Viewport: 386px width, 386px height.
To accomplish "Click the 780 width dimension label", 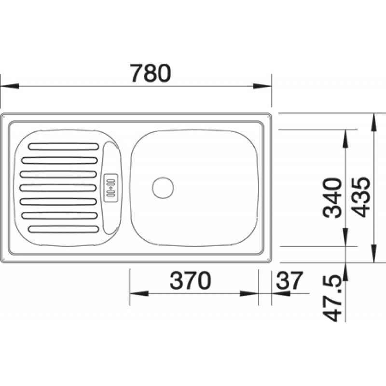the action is (151, 73).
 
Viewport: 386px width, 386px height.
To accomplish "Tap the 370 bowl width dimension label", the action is (190, 280).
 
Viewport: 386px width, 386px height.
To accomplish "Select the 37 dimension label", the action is (289, 280).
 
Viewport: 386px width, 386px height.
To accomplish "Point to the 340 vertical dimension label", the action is (332, 198).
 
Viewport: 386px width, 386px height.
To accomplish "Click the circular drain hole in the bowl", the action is (163, 188).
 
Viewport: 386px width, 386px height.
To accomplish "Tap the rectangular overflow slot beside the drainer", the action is (110, 188).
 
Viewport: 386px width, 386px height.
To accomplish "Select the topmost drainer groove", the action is (64, 147).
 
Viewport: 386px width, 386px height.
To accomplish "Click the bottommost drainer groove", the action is (64, 229).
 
